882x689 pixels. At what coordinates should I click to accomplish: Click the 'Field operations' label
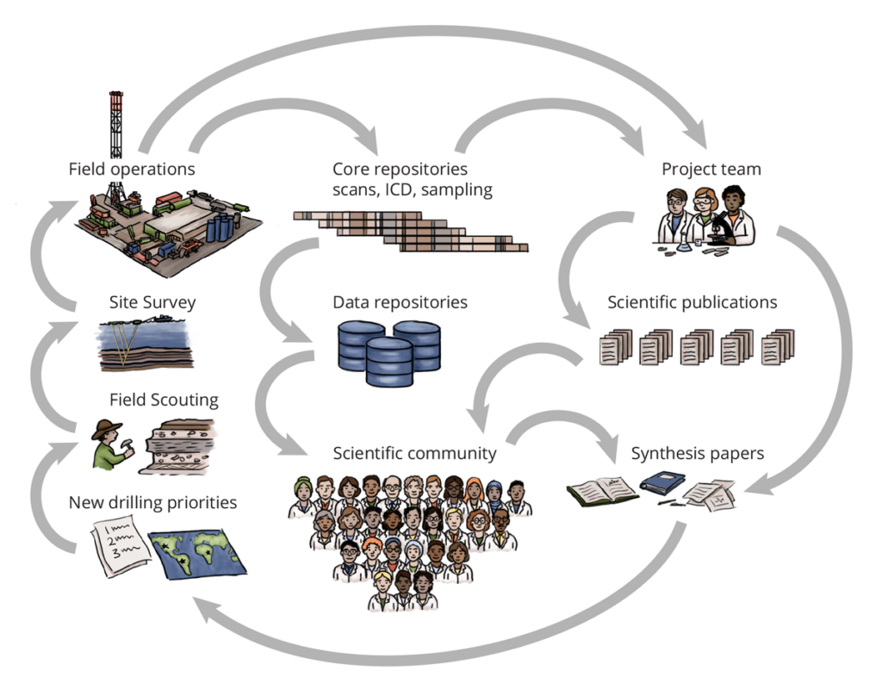(x=132, y=169)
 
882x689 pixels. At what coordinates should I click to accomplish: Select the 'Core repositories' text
(x=400, y=169)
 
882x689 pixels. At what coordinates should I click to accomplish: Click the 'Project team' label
(x=711, y=169)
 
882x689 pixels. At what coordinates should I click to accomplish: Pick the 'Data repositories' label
(x=400, y=302)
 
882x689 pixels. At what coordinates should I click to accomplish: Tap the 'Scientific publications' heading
(x=692, y=302)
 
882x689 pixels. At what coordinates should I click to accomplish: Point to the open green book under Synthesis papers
(x=602, y=491)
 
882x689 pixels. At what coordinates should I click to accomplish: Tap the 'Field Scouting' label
(x=164, y=400)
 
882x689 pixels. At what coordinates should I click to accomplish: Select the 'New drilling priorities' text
(x=152, y=502)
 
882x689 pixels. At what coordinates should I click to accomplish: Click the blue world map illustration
(x=198, y=552)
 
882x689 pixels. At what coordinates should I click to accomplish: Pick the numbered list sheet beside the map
(x=121, y=551)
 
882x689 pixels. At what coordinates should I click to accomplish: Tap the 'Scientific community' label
(x=415, y=453)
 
